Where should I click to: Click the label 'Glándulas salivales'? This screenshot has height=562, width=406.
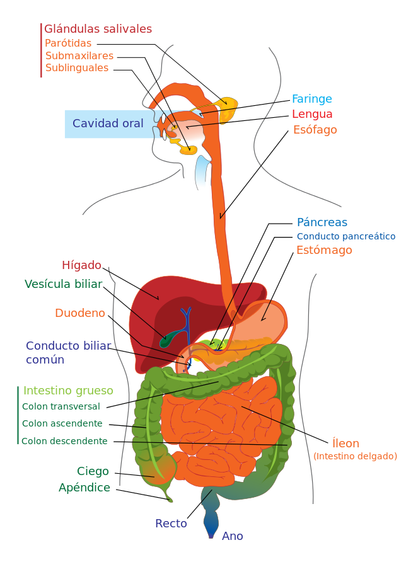tap(98, 29)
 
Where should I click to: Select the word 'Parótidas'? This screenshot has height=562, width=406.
tap(68, 43)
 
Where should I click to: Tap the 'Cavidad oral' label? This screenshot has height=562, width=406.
tap(108, 123)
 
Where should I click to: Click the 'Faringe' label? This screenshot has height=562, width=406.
tap(312, 99)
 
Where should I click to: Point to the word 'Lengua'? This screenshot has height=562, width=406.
tap(312, 114)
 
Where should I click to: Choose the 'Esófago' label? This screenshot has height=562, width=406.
tap(315, 129)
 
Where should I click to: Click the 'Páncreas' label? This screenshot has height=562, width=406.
tap(322, 222)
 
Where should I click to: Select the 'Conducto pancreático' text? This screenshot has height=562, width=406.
tap(346, 236)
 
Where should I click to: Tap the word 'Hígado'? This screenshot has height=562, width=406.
tap(82, 265)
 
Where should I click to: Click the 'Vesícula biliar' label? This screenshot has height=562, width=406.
tap(64, 284)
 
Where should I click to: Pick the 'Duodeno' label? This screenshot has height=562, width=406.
tap(80, 313)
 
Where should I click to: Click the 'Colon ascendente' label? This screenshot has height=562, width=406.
tap(62, 423)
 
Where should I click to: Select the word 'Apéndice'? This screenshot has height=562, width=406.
tap(84, 488)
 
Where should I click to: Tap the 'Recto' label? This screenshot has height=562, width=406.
tap(171, 524)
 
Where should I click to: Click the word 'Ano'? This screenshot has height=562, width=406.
tap(233, 536)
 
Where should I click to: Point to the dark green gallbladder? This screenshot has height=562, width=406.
tap(168, 339)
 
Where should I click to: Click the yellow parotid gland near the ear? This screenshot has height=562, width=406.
tap(228, 110)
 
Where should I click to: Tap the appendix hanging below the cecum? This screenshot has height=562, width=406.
tap(167, 493)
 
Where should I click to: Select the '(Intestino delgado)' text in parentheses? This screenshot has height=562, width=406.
tap(355, 456)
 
